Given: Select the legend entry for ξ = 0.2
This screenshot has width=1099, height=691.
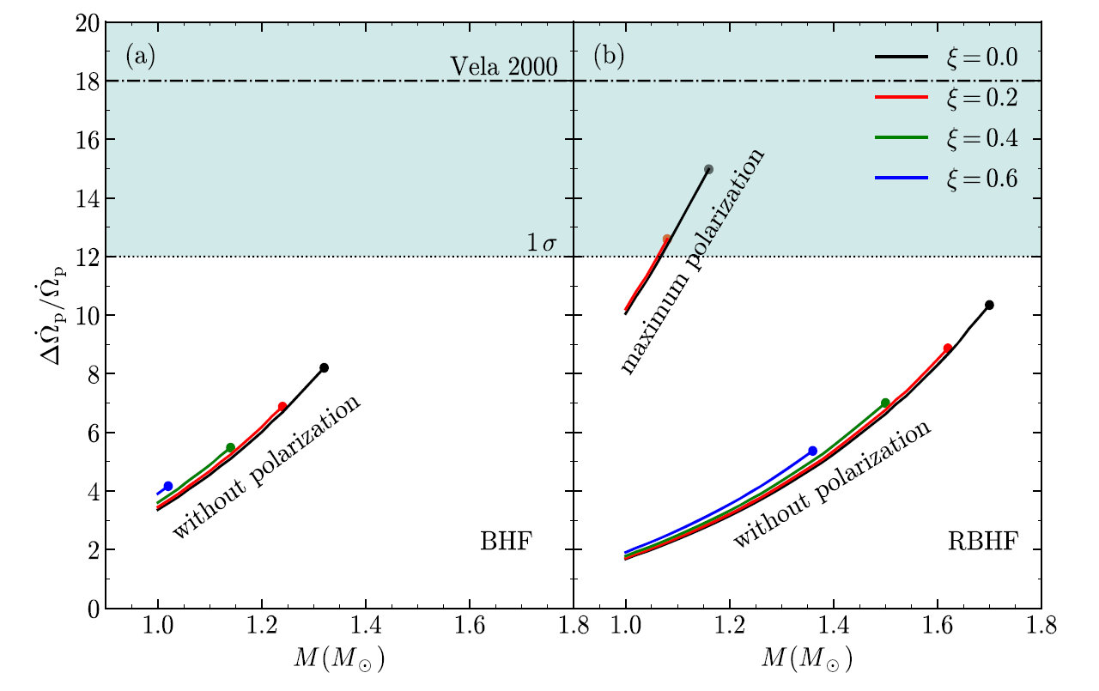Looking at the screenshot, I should pos(945,99).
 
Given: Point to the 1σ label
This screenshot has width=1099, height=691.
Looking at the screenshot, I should pos(543,244).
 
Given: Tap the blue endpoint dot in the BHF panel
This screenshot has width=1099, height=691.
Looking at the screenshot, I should pos(168,486).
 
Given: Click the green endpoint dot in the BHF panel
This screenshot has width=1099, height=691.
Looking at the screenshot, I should pos(230,447).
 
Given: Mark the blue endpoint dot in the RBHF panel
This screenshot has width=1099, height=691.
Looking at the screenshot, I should pos(813,451).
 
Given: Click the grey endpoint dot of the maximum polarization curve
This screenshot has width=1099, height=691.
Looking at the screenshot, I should pos(708,169).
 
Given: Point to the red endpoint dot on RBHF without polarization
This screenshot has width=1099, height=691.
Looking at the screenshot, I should pos(948,348).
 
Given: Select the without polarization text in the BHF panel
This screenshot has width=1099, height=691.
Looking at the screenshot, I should pos(265,468).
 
